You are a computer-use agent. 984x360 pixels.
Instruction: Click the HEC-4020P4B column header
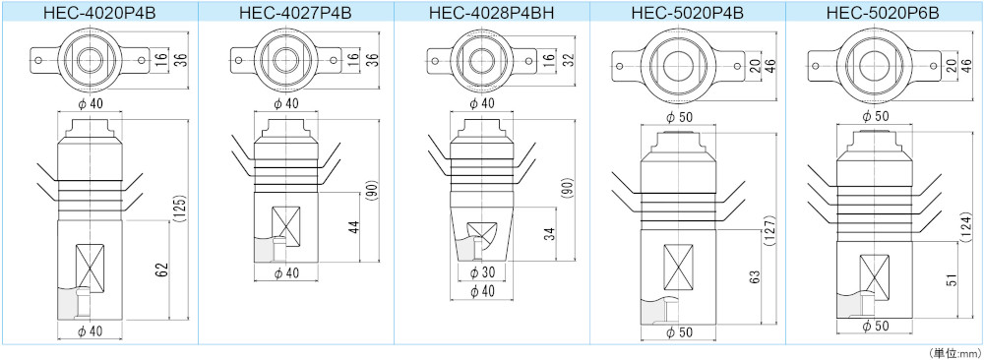(x=99, y=13)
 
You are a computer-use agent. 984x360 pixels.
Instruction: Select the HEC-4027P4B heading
(x=296, y=13)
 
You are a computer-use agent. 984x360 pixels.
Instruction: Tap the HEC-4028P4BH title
(x=492, y=13)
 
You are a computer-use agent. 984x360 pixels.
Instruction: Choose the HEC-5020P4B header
(x=688, y=13)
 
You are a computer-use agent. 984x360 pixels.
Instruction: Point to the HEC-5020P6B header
(x=884, y=13)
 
